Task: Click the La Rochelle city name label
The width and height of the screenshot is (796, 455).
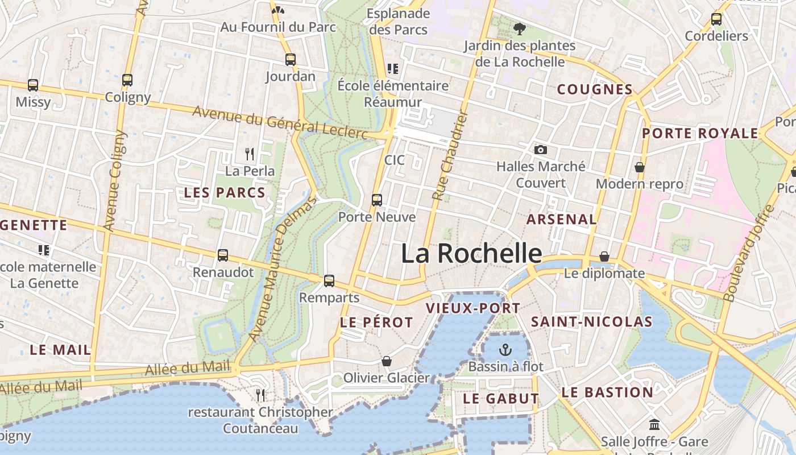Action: tap(471, 253)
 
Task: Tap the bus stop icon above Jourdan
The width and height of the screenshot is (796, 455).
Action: tap(291, 59)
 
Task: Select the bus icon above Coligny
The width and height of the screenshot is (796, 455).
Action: tap(127, 80)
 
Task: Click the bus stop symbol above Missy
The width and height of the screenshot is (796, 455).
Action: tap(33, 85)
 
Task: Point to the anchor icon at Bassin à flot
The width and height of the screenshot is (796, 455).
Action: tap(505, 349)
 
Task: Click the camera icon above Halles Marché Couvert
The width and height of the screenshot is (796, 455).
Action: tap(541, 150)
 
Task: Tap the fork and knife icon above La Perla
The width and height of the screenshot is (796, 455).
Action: tap(250, 154)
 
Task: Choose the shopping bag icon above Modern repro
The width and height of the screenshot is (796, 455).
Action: tap(640, 167)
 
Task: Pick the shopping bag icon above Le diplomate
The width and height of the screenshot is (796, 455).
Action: tap(604, 257)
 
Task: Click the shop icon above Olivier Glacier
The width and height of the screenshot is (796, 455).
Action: tap(387, 361)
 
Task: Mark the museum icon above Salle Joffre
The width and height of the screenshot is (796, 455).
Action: tap(654, 424)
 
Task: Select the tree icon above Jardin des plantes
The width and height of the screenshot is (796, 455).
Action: tap(519, 28)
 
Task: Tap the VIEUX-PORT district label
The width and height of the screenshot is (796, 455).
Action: tap(473, 308)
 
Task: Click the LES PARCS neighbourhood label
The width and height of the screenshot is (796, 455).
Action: tap(225, 193)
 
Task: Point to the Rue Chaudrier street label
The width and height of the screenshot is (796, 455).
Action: tap(449, 155)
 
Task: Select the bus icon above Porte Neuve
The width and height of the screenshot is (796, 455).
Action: tap(377, 200)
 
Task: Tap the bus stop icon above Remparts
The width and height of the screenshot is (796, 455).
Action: tap(329, 280)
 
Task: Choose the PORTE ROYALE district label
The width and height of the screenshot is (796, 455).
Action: tap(700, 134)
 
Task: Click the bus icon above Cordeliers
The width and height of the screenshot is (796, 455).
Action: tap(716, 19)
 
